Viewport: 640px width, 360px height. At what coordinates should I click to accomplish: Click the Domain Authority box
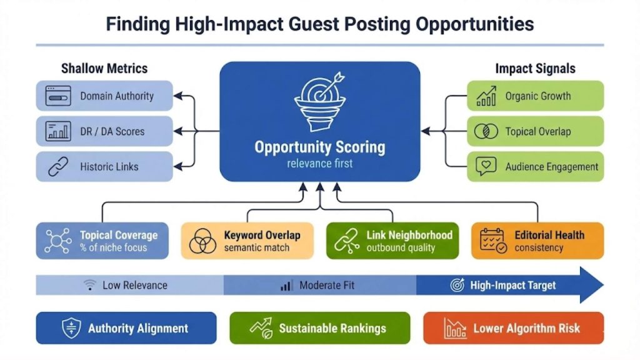pyautogui.click(x=104, y=96)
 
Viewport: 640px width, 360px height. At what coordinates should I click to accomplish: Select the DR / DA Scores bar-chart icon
pyautogui.click(x=58, y=131)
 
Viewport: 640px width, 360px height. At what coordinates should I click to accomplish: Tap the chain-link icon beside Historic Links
pyautogui.click(x=58, y=167)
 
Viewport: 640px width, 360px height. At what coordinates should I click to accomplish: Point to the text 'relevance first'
pyautogui.click(x=319, y=164)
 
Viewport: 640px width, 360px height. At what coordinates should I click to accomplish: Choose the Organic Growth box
pyautogui.click(x=535, y=96)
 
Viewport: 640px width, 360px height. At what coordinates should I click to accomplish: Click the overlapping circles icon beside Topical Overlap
pyautogui.click(x=486, y=131)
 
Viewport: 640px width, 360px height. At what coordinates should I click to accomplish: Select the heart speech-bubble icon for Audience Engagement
pyautogui.click(x=486, y=166)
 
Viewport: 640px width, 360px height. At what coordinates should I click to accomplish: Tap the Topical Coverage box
pyautogui.click(x=102, y=241)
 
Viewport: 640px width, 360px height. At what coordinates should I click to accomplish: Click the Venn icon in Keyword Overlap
pyautogui.click(x=202, y=241)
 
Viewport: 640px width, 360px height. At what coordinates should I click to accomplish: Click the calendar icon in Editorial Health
pyautogui.click(x=493, y=241)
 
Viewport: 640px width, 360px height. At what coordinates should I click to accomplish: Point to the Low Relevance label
pyautogui.click(x=134, y=285)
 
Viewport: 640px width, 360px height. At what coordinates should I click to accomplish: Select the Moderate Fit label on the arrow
pyautogui.click(x=326, y=285)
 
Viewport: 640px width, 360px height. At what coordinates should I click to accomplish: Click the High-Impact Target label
pyautogui.click(x=512, y=285)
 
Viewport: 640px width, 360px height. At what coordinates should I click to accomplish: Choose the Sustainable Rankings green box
pyautogui.click(x=320, y=328)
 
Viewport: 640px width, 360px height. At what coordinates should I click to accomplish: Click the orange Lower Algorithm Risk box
pyautogui.click(x=513, y=328)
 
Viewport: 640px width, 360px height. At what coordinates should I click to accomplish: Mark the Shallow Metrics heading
pyautogui.click(x=104, y=69)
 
